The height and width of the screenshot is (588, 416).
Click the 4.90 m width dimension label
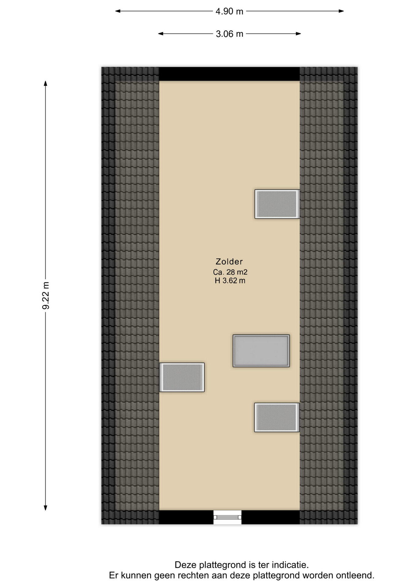pos(229,11)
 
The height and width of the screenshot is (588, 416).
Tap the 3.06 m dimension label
pos(229,34)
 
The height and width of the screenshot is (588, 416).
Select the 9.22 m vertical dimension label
pos(46,296)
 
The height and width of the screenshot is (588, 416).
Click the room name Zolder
pos(229,262)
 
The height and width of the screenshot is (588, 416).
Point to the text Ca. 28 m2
pos(230,272)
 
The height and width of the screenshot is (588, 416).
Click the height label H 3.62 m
pos(230,281)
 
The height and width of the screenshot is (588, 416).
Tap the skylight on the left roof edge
pos(182,377)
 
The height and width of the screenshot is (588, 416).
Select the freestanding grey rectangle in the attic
pos(261,351)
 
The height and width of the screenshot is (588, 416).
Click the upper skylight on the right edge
pos(277,204)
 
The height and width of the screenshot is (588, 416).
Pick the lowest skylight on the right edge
pos(277,417)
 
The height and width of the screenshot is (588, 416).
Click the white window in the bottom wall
pos(227,517)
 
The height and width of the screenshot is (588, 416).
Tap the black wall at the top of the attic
pos(229,74)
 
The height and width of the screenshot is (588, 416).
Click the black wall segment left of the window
pos(186,517)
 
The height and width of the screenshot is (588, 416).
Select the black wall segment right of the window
pos(270,517)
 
